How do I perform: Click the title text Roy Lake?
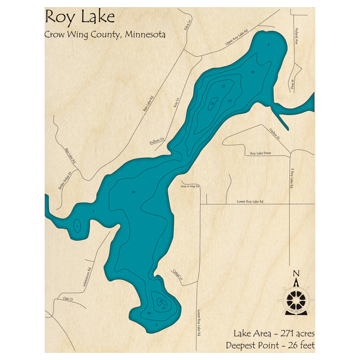[80, 17]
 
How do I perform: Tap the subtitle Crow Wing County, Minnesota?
[105, 35]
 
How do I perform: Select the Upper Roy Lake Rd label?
[237, 38]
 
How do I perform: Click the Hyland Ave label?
[297, 36]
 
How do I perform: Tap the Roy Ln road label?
[176, 104]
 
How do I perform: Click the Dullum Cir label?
[157, 141]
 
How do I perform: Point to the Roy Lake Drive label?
[260, 153]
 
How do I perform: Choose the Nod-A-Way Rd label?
[190, 186]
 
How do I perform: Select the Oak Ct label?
[68, 299]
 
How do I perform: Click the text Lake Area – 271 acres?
[274, 332]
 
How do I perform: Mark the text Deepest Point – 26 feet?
[270, 345]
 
